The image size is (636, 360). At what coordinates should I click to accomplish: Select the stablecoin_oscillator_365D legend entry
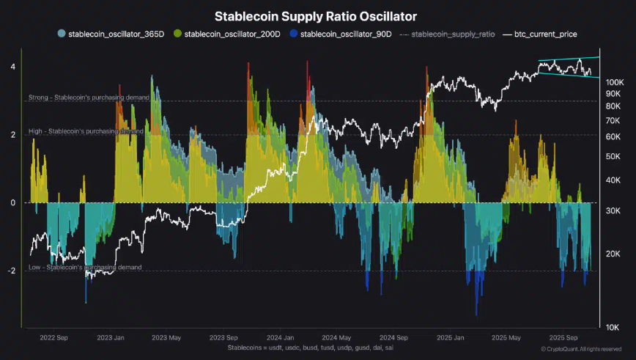114,34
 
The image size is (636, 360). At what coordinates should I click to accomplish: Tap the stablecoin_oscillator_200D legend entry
231,34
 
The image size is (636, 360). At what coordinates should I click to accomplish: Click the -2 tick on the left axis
11,271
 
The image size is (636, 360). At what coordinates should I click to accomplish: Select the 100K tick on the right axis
614,82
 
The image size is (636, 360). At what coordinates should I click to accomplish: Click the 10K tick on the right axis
614,327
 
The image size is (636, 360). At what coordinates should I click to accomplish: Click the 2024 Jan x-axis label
280,338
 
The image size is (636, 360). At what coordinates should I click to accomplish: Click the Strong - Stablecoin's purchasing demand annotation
89,97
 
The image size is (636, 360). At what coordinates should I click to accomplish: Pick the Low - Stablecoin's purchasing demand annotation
85,268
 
